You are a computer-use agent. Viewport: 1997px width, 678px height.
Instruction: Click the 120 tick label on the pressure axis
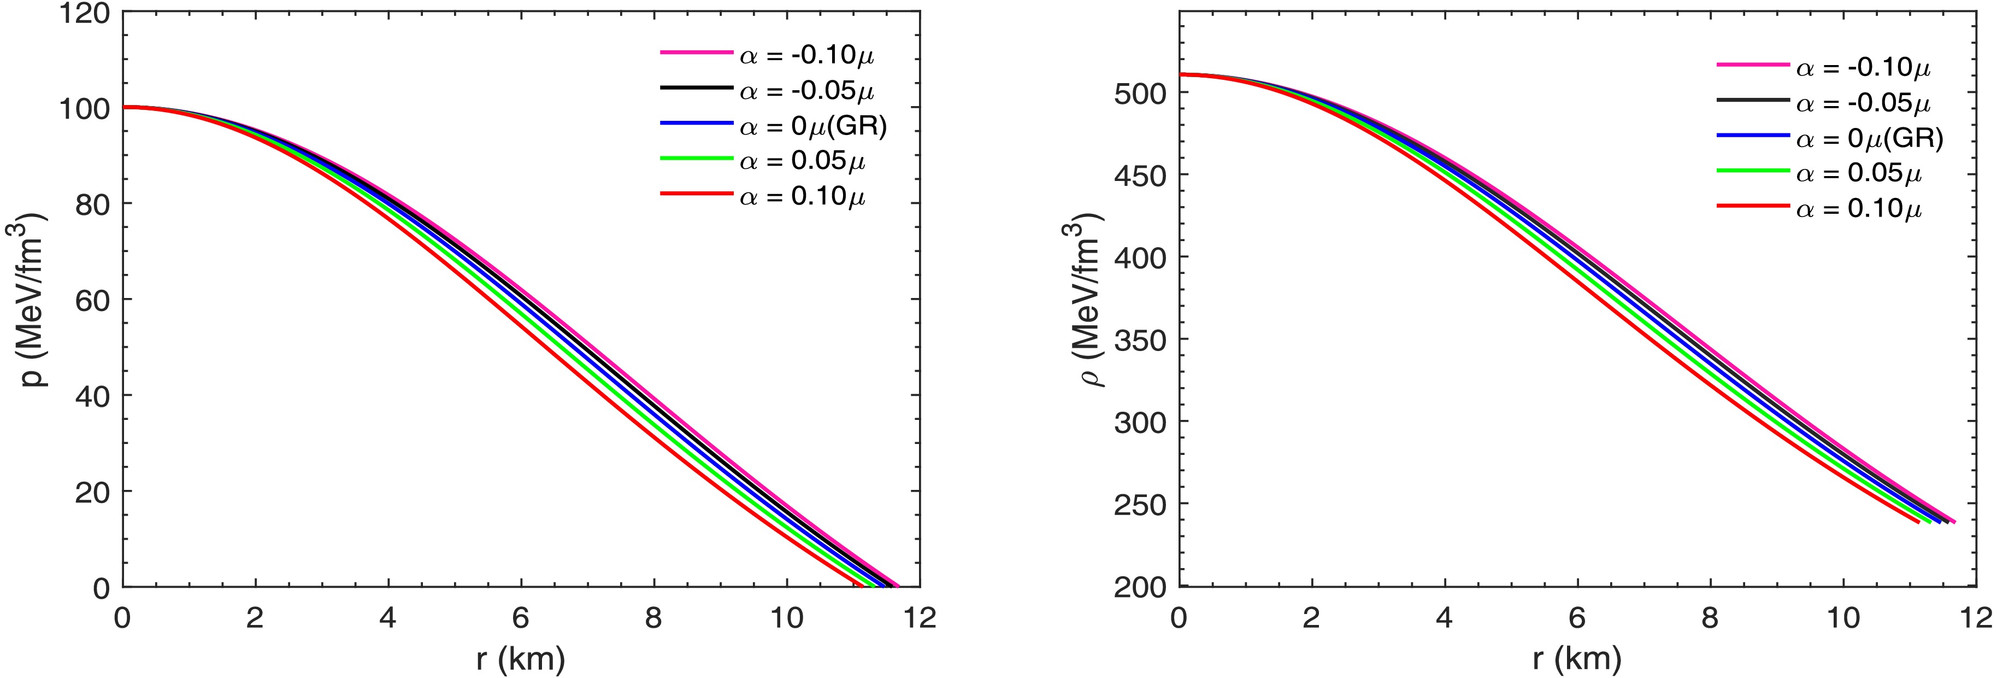[x=85, y=14]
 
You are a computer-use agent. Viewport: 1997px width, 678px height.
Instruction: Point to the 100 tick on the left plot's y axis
[x=85, y=109]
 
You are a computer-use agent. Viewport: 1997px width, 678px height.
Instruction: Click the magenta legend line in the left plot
[x=696, y=52]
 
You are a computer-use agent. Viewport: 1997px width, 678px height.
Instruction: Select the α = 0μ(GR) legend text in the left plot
[x=812, y=125]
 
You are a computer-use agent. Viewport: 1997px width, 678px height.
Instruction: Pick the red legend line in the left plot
[x=696, y=194]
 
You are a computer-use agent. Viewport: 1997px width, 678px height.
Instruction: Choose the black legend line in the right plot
[x=1753, y=101]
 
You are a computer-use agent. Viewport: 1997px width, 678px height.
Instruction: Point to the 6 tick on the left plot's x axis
[x=520, y=618]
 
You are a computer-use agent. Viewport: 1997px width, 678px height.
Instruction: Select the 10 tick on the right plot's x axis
[x=1843, y=618]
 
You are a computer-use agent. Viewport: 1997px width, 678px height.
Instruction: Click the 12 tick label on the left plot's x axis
[x=920, y=618]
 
